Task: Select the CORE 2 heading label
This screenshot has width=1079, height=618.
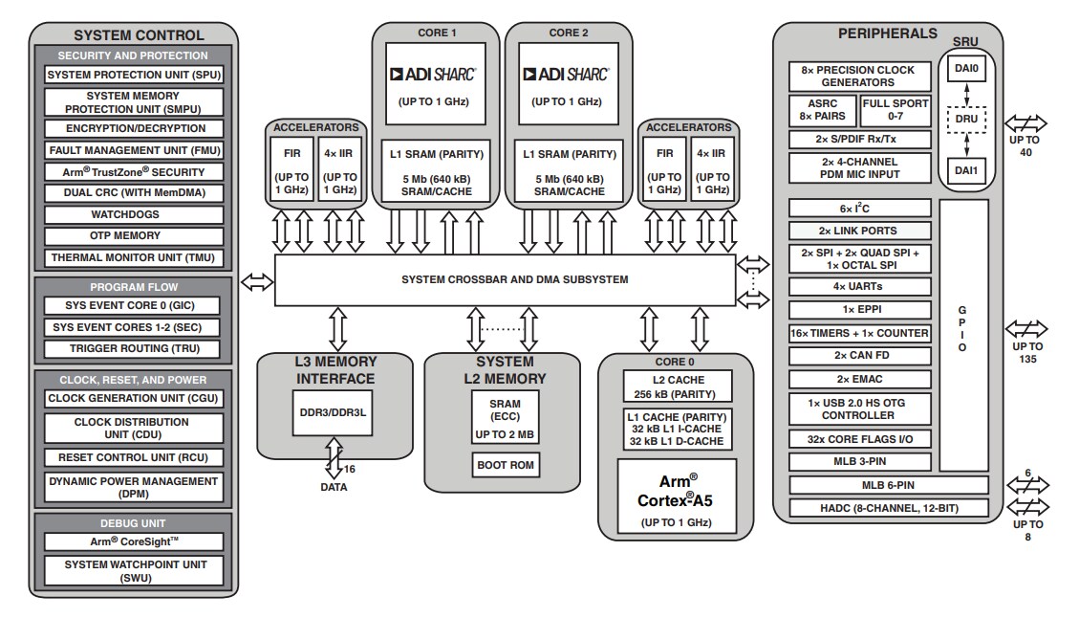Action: tap(570, 33)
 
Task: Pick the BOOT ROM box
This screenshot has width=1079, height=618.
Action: tap(505, 466)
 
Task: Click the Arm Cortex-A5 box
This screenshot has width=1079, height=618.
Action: tap(677, 497)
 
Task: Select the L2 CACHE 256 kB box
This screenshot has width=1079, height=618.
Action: tap(677, 386)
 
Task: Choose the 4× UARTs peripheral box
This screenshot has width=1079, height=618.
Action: tap(858, 286)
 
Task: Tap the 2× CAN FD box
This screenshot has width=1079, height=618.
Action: tap(858, 355)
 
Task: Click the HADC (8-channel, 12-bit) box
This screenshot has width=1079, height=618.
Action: tap(887, 508)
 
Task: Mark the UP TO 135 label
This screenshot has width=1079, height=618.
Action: tap(1027, 352)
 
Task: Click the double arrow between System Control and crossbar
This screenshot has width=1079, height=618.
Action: tap(256, 281)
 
